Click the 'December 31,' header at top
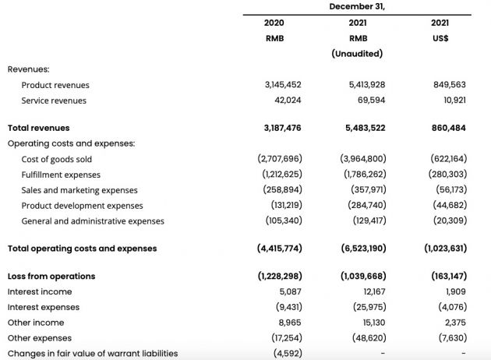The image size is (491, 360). click(x=357, y=6)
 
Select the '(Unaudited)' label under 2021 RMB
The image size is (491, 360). click(x=357, y=54)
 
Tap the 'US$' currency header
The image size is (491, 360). click(x=440, y=38)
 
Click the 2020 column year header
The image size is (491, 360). click(x=274, y=23)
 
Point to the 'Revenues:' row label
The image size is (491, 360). click(x=29, y=69)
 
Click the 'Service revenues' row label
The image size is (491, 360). click(x=54, y=101)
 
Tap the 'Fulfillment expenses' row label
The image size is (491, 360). click(x=61, y=175)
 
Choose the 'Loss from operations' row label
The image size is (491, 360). click(x=51, y=276)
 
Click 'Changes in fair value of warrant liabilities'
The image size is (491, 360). click(x=93, y=353)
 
